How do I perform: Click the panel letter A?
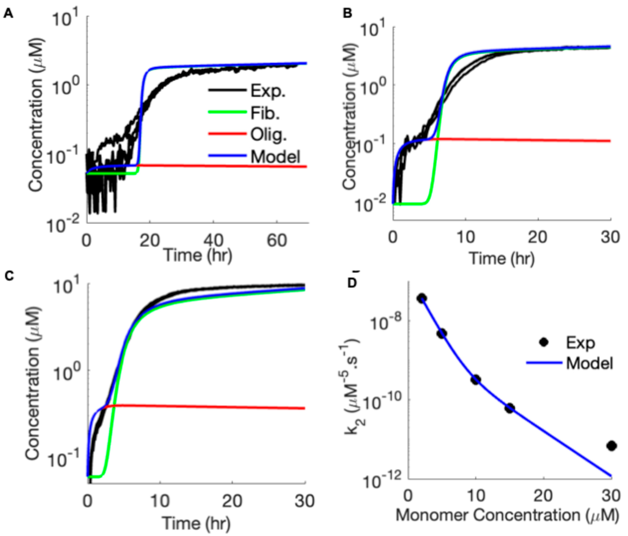[8, 14]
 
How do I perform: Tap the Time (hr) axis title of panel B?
[502, 259]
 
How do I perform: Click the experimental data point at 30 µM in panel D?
[611, 446]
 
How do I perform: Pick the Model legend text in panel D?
[590, 363]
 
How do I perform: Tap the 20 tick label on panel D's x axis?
[544, 496]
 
